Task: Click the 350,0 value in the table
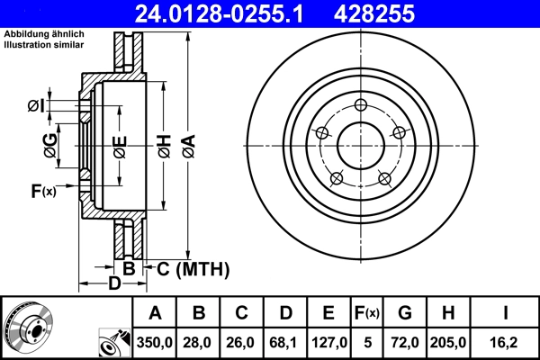tap(155, 342)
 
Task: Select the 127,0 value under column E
tap(329, 342)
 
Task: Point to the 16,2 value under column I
tap(508, 342)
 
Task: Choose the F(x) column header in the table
tap(366, 313)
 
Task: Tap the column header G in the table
tap(405, 313)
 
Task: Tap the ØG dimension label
tap(50, 144)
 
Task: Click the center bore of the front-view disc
tap(360, 143)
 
